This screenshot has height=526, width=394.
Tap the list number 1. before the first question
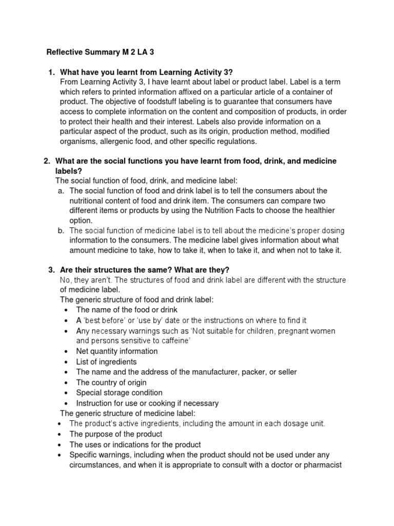pos(51,72)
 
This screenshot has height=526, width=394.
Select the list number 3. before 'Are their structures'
pos(51,270)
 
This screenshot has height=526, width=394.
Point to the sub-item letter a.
pos(61,191)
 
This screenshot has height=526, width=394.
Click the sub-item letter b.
pos(61,230)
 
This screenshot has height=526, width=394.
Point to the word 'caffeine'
pos(167,341)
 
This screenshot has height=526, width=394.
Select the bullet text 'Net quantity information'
pos(117,351)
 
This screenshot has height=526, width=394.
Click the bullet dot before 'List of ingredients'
pos(67,362)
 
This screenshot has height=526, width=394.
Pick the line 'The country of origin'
pos(111,382)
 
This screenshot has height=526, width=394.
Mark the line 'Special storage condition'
pos(119,392)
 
